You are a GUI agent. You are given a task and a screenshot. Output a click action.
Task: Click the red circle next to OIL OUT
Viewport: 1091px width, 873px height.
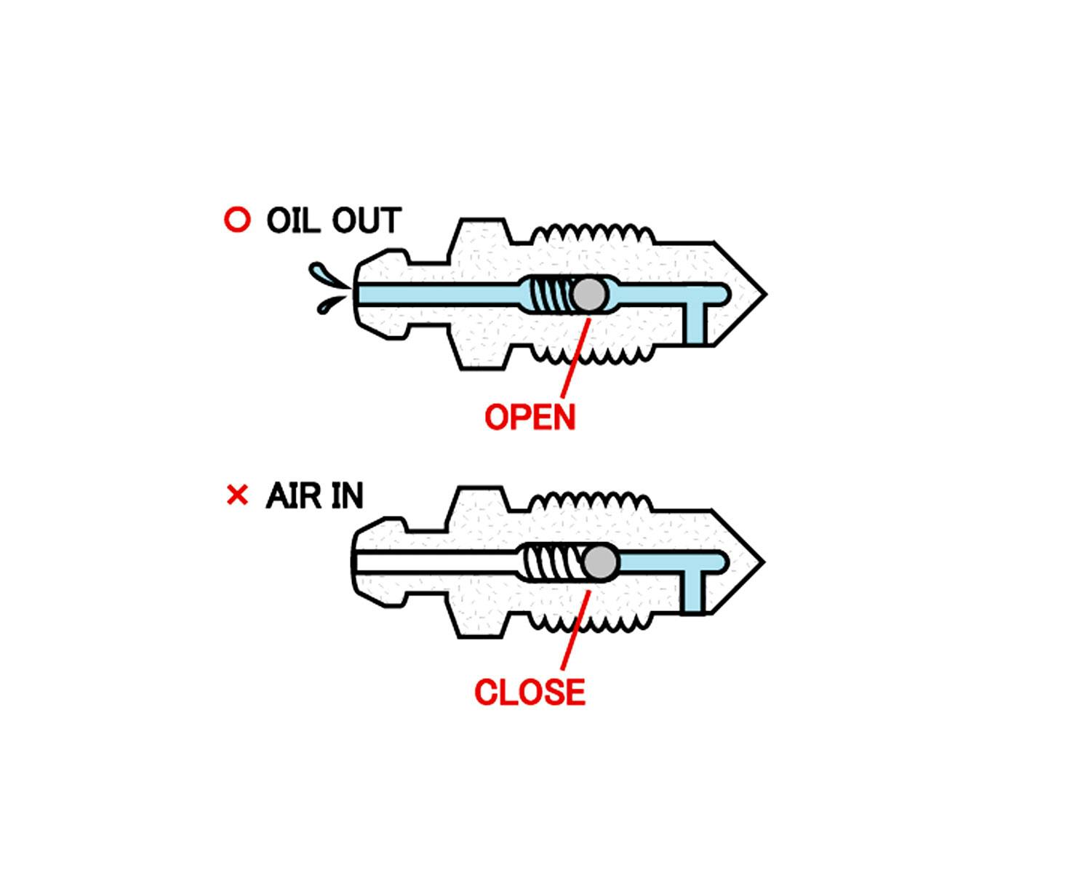pyautogui.click(x=237, y=220)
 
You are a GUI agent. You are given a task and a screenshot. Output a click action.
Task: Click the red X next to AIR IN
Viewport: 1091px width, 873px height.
pyautogui.click(x=237, y=495)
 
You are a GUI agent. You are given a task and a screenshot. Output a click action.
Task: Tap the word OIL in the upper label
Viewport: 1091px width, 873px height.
pyautogui.click(x=294, y=220)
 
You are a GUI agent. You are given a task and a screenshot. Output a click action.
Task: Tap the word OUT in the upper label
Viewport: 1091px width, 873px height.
pyautogui.click(x=367, y=220)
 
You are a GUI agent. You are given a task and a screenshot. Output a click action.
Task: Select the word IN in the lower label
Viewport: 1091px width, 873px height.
pyautogui.click(x=347, y=496)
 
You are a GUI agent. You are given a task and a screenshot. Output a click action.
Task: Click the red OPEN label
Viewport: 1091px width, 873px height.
pyautogui.click(x=529, y=417)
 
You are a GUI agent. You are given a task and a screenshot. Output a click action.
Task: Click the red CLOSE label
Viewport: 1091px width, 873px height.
pyautogui.click(x=529, y=692)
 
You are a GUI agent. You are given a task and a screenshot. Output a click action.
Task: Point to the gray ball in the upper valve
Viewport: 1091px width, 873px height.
pyautogui.click(x=589, y=295)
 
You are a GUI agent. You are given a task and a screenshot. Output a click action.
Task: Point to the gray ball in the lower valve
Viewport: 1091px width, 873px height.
pyautogui.click(x=601, y=562)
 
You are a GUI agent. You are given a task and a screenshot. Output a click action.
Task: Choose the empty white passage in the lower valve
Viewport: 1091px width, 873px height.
pyautogui.click(x=436, y=562)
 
